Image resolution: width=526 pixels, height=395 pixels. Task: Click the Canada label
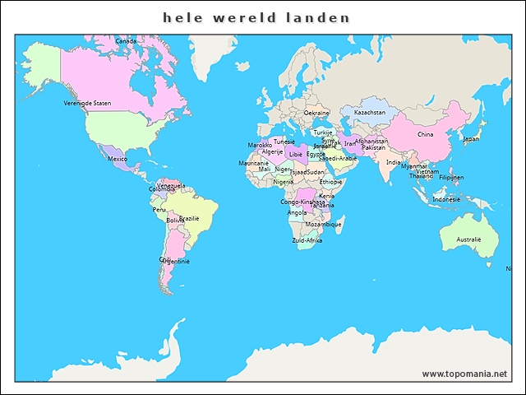tap(126, 40)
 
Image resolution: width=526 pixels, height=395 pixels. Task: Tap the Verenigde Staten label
tap(87, 103)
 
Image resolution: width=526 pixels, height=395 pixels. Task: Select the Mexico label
tap(118, 159)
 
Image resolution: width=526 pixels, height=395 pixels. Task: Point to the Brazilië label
tap(189, 218)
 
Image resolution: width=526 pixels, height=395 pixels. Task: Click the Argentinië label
tap(175, 261)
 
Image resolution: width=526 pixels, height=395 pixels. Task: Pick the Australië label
tap(468, 239)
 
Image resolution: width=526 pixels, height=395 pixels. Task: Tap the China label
tap(425, 134)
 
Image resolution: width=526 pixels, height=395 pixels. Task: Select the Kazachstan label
tap(369, 112)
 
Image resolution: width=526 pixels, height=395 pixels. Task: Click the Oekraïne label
tap(316, 112)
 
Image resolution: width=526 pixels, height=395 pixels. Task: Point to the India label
tap(394, 162)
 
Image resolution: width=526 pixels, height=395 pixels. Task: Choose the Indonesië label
tap(446, 199)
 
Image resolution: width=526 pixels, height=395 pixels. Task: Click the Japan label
tap(471, 138)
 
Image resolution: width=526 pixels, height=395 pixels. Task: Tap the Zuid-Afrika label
tap(307, 240)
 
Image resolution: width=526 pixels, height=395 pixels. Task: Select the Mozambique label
tap(323, 224)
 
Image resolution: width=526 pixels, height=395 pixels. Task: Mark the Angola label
tap(297, 212)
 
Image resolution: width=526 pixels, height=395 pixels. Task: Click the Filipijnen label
tap(451, 177)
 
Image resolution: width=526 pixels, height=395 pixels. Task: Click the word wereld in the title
tap(243, 17)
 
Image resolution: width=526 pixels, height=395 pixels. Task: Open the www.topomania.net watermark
tap(464, 374)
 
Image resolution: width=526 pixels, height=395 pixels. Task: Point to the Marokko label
tap(260, 145)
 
